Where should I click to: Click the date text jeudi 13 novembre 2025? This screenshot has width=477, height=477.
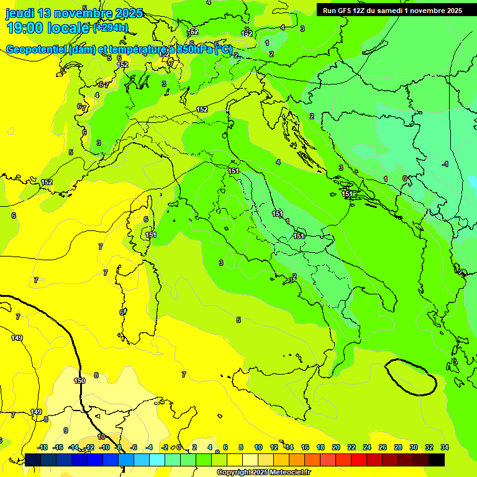tap(74, 13)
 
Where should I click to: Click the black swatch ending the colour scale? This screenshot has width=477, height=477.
tap(437, 460)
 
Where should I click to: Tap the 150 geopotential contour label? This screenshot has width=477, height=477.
tap(79, 381)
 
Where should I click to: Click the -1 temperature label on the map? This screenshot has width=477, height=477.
tap(445, 164)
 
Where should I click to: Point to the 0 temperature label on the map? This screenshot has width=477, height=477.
tap(405, 178)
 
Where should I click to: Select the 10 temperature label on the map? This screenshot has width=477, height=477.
tap(101, 437)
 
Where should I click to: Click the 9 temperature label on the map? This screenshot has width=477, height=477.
tap(66, 430)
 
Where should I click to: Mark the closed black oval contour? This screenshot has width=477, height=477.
tap(411, 377)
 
